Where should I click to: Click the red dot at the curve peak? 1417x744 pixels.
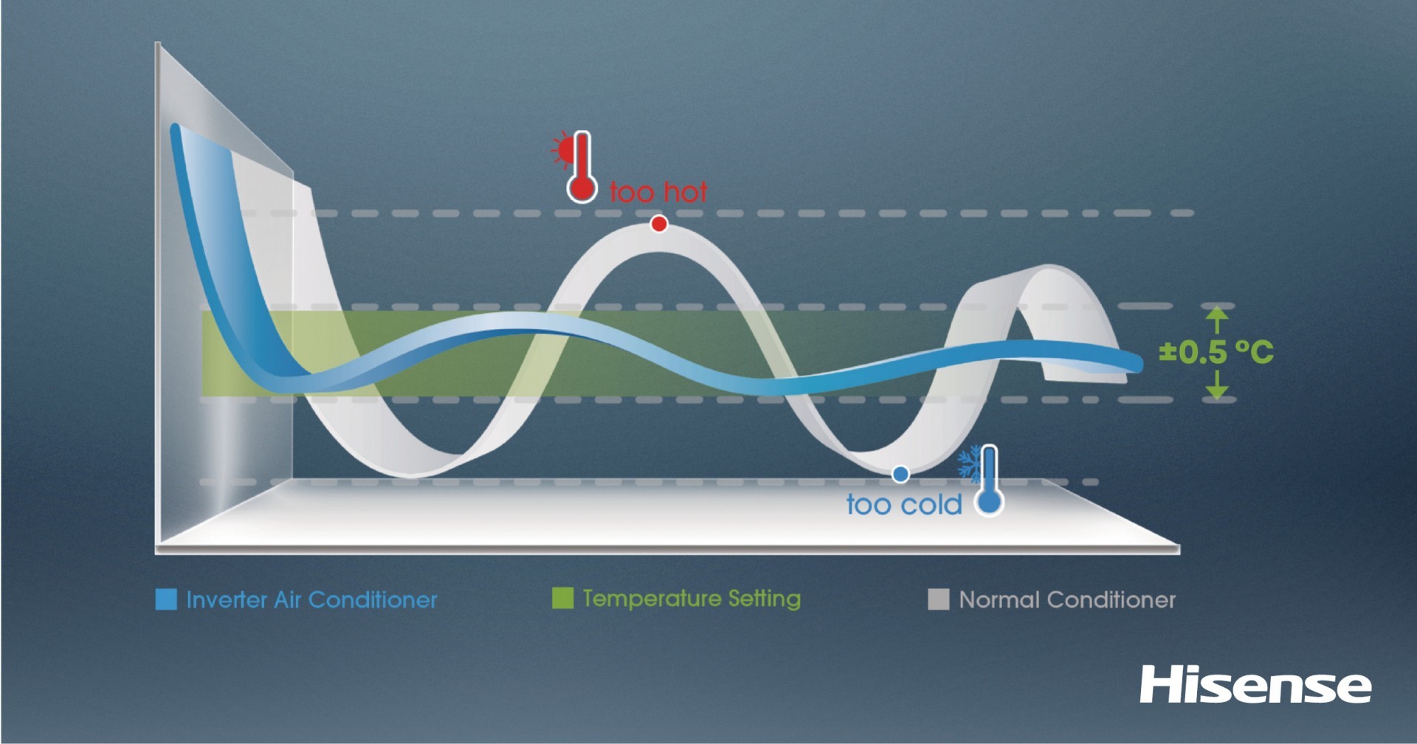coord(659,224)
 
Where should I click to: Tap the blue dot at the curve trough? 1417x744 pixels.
coord(900,475)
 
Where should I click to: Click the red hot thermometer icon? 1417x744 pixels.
coord(582,167)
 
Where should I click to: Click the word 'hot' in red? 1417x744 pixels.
coord(683,192)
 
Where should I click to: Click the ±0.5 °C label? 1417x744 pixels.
coord(1216,352)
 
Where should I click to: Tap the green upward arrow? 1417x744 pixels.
coord(1217,321)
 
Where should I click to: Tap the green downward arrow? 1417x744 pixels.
coord(1217,384)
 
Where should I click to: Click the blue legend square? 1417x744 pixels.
coord(166,599)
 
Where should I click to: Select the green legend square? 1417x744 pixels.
coord(562,598)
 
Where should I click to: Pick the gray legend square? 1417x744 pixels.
coord(938,599)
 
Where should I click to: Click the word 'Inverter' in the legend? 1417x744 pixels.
coord(227,599)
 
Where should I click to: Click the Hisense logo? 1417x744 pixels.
coord(1255,685)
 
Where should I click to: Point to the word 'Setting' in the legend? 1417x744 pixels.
coord(765,599)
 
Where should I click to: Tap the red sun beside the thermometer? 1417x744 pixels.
coord(564,151)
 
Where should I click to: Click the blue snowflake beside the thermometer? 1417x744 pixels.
coord(969,464)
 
